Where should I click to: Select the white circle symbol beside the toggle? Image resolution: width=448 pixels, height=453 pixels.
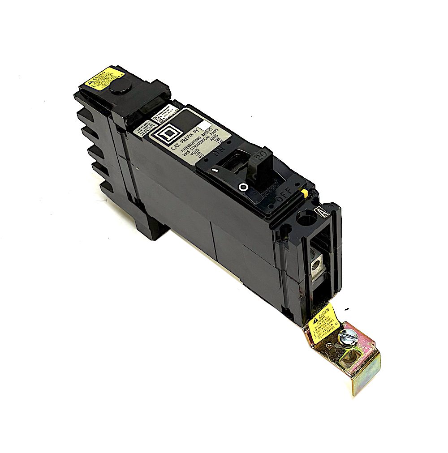[x=244, y=187]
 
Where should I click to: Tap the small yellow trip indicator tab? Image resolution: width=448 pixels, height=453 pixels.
[x=304, y=193]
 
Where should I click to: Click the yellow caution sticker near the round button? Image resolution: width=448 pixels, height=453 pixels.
[x=99, y=80]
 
